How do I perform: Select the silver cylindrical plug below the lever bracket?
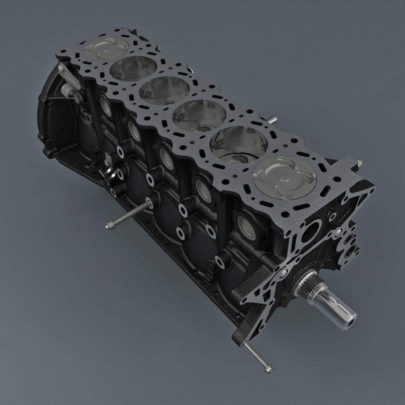(67, 90)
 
